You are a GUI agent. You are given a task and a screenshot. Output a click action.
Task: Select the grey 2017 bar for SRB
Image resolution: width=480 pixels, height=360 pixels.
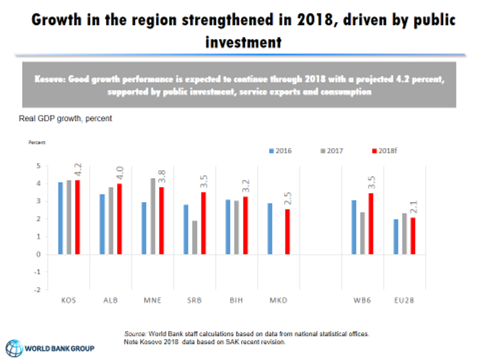click(x=194, y=238)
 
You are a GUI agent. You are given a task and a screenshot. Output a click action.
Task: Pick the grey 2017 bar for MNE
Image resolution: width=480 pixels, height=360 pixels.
click(x=153, y=216)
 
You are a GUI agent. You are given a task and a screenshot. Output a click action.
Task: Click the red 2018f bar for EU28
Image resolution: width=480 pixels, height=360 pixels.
click(x=412, y=236)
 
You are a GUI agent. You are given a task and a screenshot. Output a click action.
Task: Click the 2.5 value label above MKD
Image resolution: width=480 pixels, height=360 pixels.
click(x=288, y=200)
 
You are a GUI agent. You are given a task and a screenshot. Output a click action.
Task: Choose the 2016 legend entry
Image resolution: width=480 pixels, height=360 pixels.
click(x=280, y=151)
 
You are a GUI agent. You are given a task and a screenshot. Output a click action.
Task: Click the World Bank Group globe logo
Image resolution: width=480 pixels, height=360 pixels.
click(x=15, y=348)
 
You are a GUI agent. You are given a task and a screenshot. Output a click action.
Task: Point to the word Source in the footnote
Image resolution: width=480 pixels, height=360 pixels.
click(x=135, y=334)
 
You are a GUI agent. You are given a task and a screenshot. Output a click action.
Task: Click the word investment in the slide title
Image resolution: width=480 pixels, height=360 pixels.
click(x=243, y=42)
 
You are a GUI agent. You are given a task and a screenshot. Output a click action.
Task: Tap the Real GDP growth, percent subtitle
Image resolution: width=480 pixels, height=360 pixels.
click(x=65, y=119)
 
